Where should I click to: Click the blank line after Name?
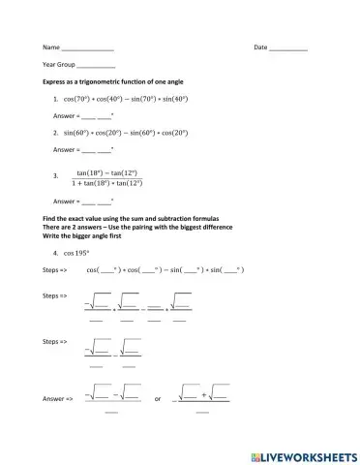88,47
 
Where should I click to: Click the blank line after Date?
288,47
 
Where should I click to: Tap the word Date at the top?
260,46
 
